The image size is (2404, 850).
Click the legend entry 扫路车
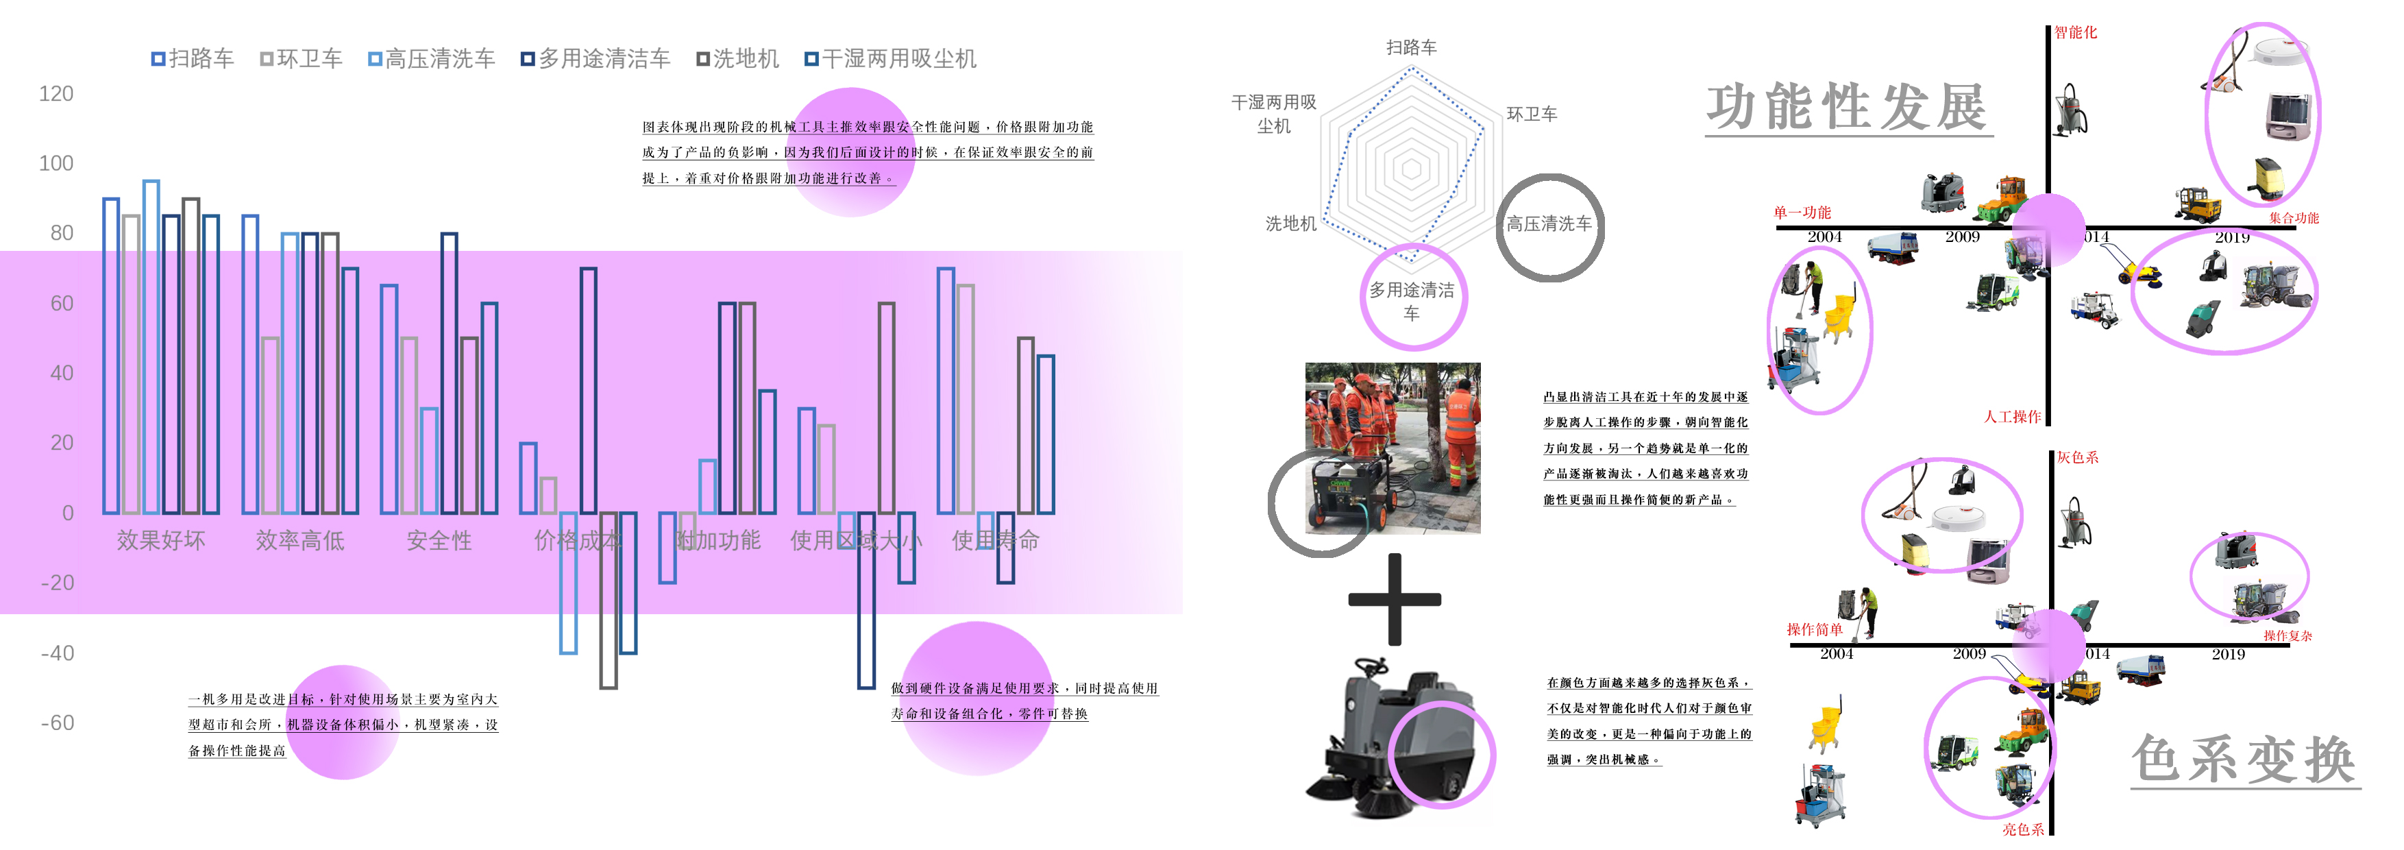tap(193, 59)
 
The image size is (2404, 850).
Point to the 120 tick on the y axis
tap(56, 93)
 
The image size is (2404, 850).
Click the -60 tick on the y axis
tap(57, 722)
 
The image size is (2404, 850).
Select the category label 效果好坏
tap(160, 540)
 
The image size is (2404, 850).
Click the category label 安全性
tap(439, 540)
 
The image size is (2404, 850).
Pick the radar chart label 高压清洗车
tap(1549, 224)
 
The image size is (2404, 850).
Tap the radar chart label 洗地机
tap(1290, 224)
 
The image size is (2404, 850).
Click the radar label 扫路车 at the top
tap(1411, 47)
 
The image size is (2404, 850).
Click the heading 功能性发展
tap(1848, 108)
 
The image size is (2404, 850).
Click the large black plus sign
tap(1395, 599)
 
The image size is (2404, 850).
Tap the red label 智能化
tap(2076, 33)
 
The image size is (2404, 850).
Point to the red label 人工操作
tap(2012, 417)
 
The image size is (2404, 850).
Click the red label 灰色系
tap(2077, 457)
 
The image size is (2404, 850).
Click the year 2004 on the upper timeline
tap(1824, 237)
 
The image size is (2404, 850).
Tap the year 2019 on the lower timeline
tap(2228, 654)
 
